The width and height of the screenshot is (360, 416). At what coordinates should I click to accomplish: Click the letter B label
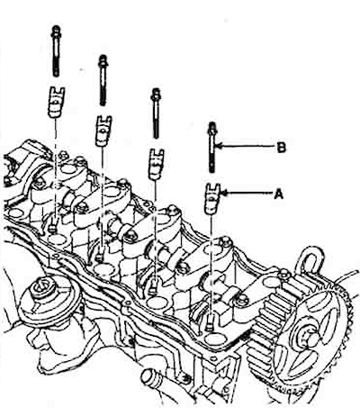click(x=281, y=148)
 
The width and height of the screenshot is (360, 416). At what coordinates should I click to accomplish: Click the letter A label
click(x=279, y=194)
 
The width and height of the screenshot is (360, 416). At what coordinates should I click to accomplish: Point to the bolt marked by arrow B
click(x=212, y=148)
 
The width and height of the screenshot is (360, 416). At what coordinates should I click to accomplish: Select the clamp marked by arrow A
click(x=212, y=199)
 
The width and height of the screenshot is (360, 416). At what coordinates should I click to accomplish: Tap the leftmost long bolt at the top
click(x=56, y=51)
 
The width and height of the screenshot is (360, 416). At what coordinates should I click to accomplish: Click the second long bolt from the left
click(x=103, y=80)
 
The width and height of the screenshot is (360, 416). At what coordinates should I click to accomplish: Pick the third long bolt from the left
click(x=156, y=113)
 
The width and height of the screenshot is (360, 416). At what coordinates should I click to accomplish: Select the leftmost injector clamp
click(x=56, y=102)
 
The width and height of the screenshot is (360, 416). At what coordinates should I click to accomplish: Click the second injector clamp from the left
click(x=103, y=131)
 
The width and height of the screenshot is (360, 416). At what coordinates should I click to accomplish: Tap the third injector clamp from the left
click(x=157, y=165)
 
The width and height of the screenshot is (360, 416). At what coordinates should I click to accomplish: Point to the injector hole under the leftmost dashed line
click(x=57, y=240)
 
